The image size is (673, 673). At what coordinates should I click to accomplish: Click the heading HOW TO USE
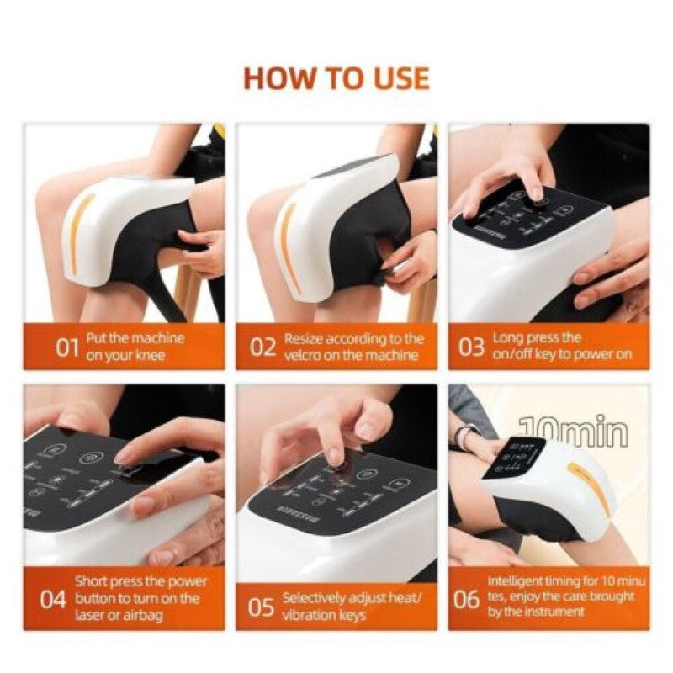tap(336, 77)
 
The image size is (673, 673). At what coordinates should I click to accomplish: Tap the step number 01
tap(68, 347)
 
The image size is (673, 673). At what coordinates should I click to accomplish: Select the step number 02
tap(263, 347)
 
